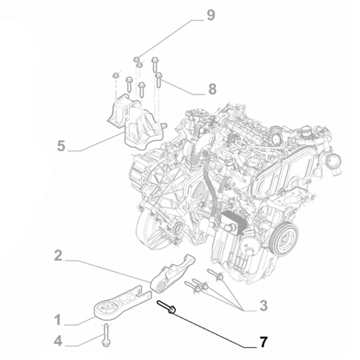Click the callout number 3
click(264, 306)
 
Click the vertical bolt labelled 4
click(107, 333)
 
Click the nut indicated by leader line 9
click(137, 57)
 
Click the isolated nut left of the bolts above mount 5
click(115, 74)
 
